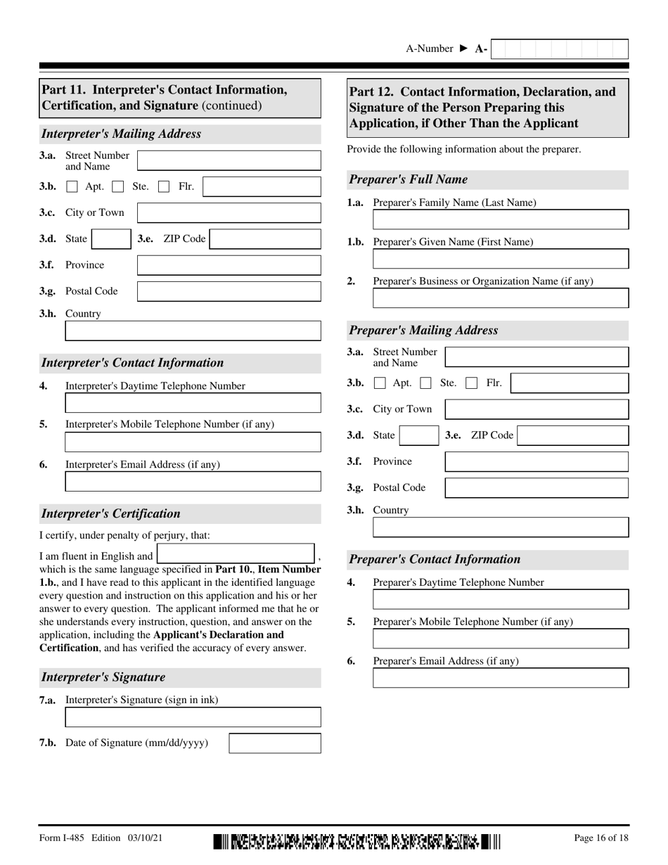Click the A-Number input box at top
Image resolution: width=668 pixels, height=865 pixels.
[559, 49]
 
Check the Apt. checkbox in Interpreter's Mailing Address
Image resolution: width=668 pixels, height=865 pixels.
[72, 187]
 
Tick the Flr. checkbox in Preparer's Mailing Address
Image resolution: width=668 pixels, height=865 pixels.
[473, 383]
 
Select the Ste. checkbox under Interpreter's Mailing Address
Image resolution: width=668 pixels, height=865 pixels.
[118, 187]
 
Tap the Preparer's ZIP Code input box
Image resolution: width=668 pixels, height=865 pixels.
[573, 435]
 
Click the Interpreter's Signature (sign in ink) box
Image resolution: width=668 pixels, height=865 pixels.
[193, 717]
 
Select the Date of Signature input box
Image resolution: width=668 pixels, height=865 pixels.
[275, 743]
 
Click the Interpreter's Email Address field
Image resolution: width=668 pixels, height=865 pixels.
[193, 482]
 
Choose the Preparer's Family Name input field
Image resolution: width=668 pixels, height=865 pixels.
[501, 219]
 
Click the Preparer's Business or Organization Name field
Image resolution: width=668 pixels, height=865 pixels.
[501, 298]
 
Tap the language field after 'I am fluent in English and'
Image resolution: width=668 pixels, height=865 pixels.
[236, 555]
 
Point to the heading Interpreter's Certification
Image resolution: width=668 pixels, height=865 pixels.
[111, 513]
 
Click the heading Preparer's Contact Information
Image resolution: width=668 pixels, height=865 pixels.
[435, 560]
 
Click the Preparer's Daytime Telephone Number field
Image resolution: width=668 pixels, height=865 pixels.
[501, 599]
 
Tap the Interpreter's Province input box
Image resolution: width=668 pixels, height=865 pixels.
[229, 265]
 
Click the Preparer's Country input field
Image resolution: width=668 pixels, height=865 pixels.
[501, 527]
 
